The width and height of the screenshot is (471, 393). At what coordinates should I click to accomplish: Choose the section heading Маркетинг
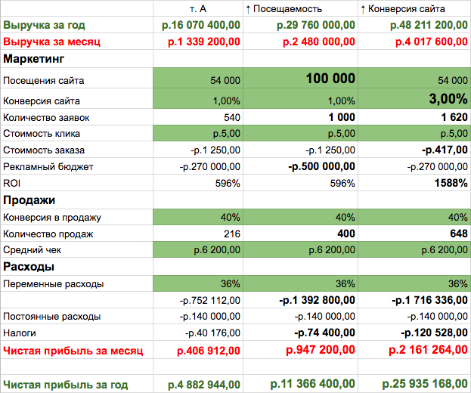click(33, 58)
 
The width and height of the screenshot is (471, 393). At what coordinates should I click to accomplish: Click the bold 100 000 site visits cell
click(330, 79)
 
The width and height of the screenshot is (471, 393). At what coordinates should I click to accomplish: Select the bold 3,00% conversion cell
click(448, 99)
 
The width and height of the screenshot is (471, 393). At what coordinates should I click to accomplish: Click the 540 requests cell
click(233, 117)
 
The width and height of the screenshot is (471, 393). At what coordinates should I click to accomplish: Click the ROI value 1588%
click(450, 184)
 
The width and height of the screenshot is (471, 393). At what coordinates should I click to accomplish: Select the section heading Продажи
click(29, 200)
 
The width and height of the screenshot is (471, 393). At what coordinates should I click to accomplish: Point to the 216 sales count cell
click(232, 234)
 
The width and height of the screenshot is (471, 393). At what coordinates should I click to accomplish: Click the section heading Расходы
click(28, 267)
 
